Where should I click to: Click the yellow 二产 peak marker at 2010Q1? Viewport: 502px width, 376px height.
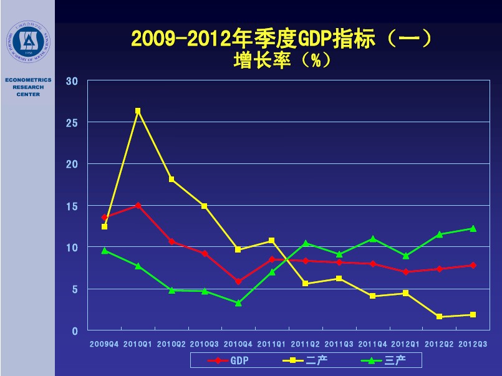[138, 111]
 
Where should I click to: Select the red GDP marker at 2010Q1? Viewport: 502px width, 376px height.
[138, 205]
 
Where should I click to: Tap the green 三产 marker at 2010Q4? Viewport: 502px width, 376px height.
[238, 303]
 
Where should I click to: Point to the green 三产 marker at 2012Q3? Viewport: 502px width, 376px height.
[473, 228]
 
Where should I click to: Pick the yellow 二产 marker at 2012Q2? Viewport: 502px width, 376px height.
[439, 317]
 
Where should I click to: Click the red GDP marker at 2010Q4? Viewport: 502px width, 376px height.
[238, 281]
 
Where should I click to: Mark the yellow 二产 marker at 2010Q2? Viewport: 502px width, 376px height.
[171, 180]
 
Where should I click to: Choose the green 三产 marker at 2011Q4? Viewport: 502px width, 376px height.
[372, 239]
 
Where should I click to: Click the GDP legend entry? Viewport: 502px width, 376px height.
[228, 360]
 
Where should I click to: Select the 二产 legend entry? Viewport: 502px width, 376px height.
[306, 360]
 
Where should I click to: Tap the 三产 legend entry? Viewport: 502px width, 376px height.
[384, 360]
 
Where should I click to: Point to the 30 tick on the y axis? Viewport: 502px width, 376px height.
[72, 81]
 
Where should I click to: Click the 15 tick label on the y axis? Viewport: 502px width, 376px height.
[72, 206]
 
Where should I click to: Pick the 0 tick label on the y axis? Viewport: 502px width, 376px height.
[75, 331]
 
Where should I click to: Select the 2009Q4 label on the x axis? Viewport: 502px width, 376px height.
[104, 344]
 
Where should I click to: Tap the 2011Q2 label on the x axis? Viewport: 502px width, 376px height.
[305, 344]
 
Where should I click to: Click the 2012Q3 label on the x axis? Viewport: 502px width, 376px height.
[473, 344]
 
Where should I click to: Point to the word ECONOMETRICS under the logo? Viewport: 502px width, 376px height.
[28, 80]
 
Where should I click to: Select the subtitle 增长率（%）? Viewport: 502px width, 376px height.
[281, 60]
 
